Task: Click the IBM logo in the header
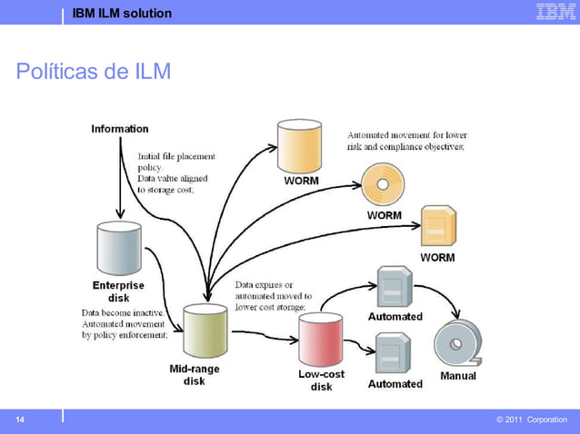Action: click(x=555, y=12)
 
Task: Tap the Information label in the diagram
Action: click(x=120, y=129)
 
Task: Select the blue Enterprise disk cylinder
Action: click(x=119, y=249)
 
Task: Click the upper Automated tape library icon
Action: click(x=395, y=288)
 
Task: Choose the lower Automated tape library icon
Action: click(x=395, y=354)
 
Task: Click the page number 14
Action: click(x=19, y=419)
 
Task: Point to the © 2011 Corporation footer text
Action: click(x=532, y=419)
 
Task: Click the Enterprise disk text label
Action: click(x=119, y=291)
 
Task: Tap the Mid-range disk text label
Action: click(x=195, y=375)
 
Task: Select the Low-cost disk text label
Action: click(x=321, y=380)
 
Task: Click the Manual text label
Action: click(x=457, y=376)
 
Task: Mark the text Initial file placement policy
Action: click(x=176, y=162)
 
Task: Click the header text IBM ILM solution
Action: click(x=122, y=13)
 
